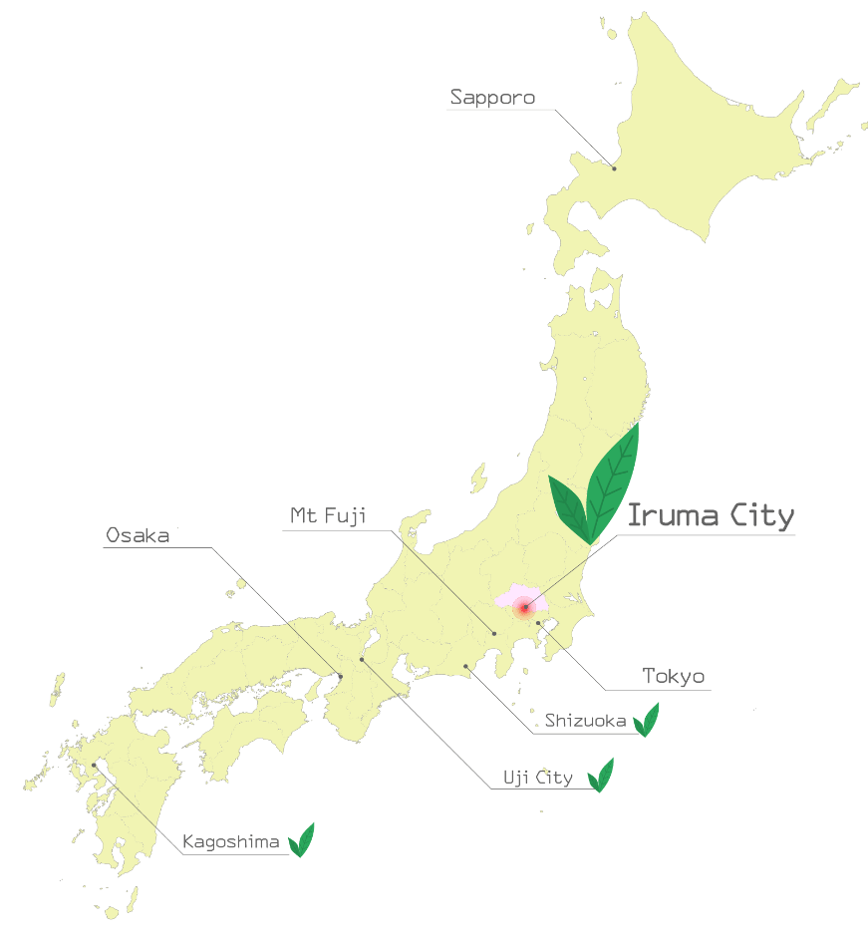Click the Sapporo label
[492, 98]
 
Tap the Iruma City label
[711, 516]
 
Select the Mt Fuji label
[328, 515]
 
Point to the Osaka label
[138, 536]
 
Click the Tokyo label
[673, 677]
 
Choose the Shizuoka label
[585, 721]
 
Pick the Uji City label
[536, 778]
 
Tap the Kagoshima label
[231, 842]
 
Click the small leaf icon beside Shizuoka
[647, 720]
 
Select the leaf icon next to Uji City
[600, 776]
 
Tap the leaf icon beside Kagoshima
[301, 840]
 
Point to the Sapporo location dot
[614, 168]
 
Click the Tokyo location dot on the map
[539, 624]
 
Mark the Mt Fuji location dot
[493, 633]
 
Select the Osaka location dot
[340, 677]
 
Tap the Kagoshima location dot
[95, 766]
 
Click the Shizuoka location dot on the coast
[465, 666]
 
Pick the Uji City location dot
[362, 659]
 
